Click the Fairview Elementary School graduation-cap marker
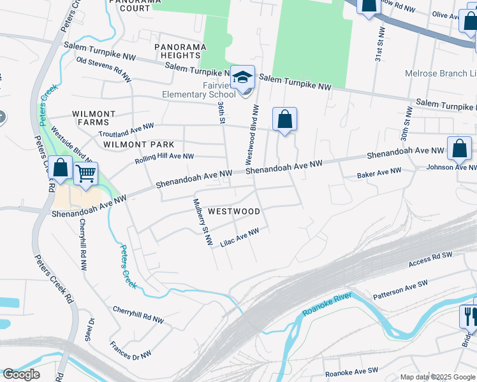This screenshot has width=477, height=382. click(x=242, y=78)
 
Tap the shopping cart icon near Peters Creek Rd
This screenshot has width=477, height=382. click(x=85, y=173)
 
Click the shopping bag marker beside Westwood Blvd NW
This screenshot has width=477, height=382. click(x=284, y=119)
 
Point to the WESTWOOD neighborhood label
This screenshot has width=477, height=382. click(x=234, y=211)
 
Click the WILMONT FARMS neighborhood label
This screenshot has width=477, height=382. click(x=94, y=118)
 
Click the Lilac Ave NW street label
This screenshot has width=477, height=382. click(x=240, y=238)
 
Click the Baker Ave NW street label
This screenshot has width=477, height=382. click(x=379, y=173)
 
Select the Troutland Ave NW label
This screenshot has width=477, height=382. click(x=126, y=131)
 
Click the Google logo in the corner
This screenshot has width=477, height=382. click(x=21, y=374)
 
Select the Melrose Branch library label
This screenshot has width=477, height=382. click(x=440, y=74)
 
